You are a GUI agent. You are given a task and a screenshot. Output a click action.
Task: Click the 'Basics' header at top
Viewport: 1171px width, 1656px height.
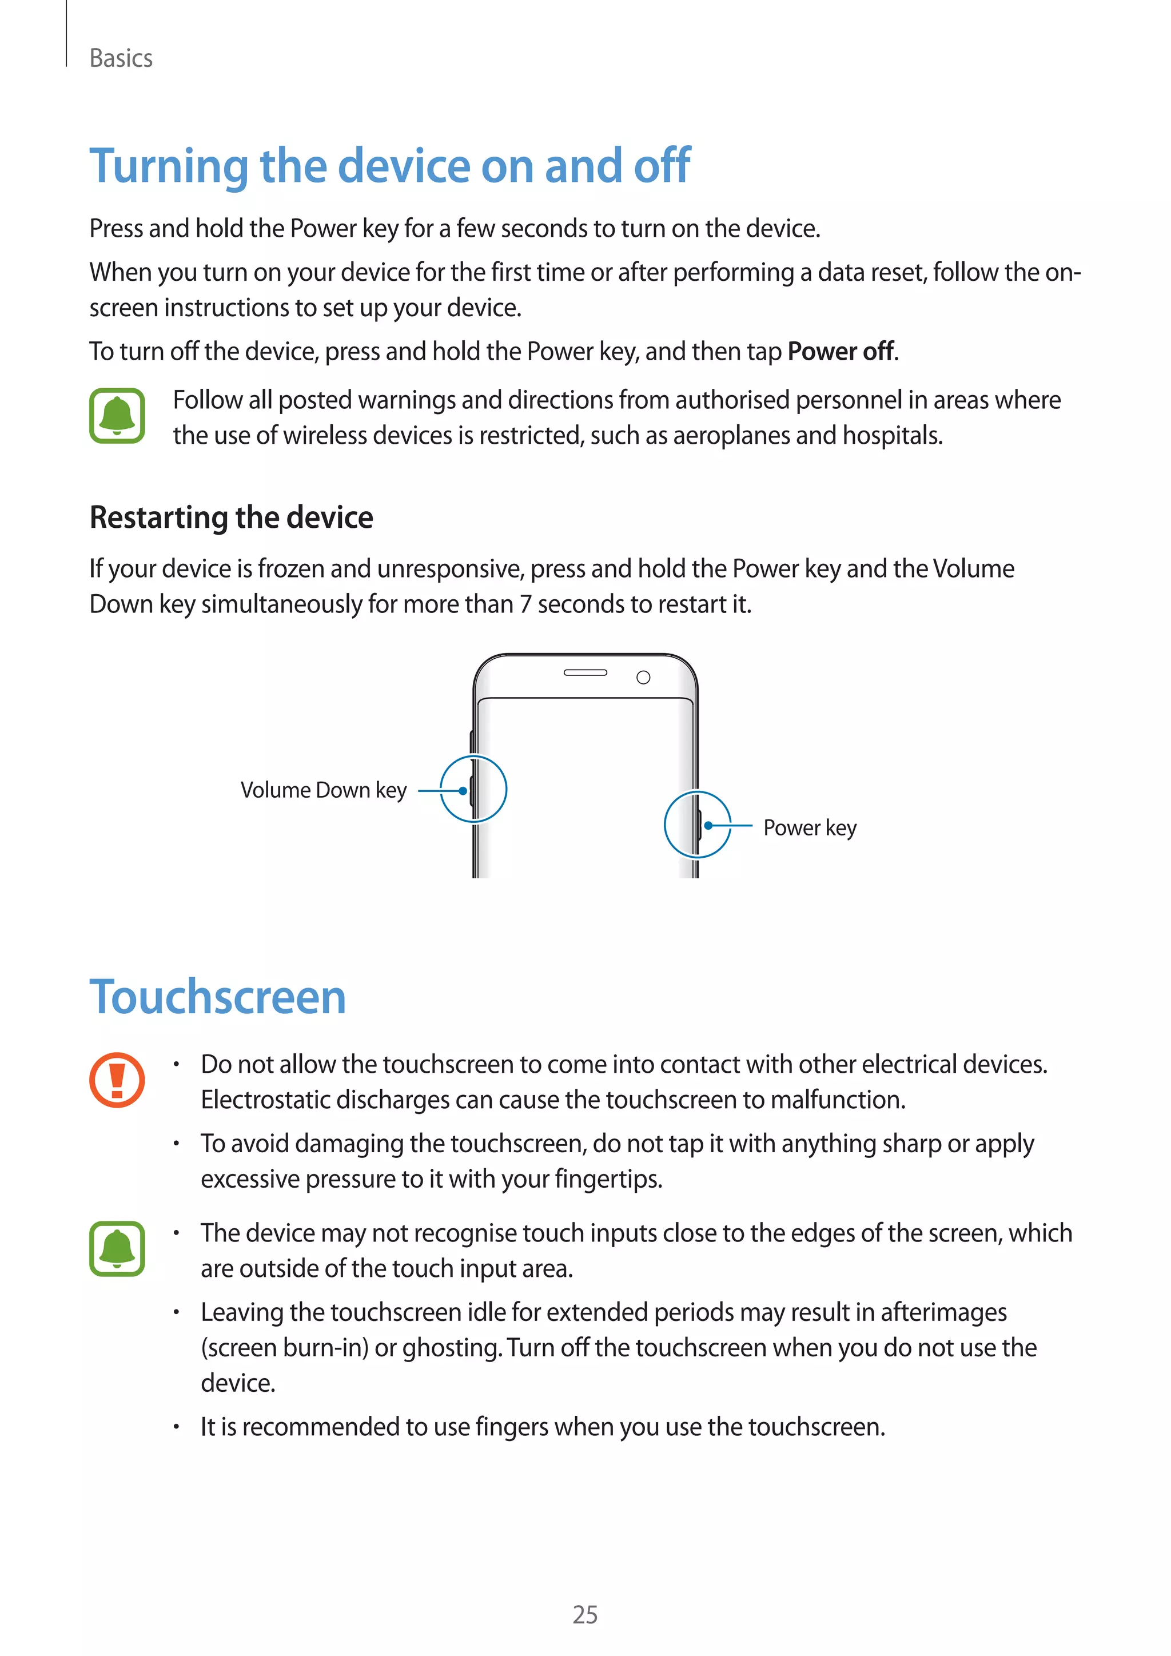coord(121,58)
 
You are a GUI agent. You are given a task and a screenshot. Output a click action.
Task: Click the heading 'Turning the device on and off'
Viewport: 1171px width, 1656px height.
coord(389,166)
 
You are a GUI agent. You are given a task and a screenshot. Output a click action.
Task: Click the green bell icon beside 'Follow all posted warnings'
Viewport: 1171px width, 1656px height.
coord(117,416)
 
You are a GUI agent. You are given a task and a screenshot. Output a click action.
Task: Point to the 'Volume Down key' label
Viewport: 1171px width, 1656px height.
coord(323,790)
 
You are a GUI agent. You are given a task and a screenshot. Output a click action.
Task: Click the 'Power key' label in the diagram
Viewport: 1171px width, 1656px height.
coord(809,828)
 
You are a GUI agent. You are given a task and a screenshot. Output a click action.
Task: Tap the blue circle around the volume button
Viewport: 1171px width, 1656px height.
coord(474,789)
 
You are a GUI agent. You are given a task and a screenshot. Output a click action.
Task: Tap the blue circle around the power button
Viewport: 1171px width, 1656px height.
coord(697,825)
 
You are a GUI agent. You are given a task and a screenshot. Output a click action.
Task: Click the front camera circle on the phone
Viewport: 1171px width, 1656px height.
coord(643,677)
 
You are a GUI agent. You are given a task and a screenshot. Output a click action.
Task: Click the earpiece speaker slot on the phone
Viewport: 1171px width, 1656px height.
coord(585,673)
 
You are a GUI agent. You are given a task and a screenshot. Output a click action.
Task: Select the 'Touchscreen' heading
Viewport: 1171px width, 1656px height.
coord(217,997)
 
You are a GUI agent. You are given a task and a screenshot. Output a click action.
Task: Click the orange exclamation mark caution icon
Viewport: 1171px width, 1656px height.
coord(117,1080)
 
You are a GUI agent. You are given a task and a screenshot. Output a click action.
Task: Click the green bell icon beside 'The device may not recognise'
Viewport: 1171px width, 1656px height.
coord(117,1248)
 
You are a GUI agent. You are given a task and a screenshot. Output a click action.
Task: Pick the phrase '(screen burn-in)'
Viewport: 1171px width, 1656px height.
coord(284,1348)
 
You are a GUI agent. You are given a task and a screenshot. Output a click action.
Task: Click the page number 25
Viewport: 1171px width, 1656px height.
coord(585,1615)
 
